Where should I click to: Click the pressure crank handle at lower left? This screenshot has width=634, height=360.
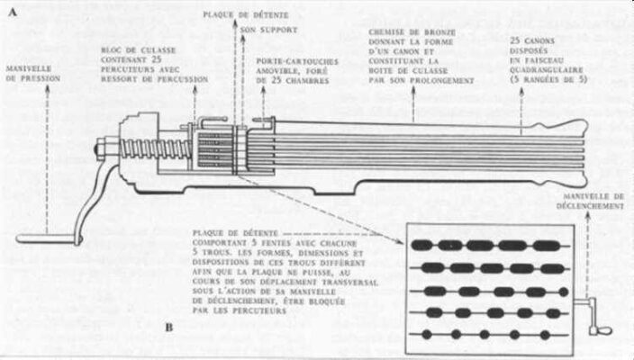tap(45, 238)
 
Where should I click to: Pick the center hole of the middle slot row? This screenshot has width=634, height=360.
tap(492, 291)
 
